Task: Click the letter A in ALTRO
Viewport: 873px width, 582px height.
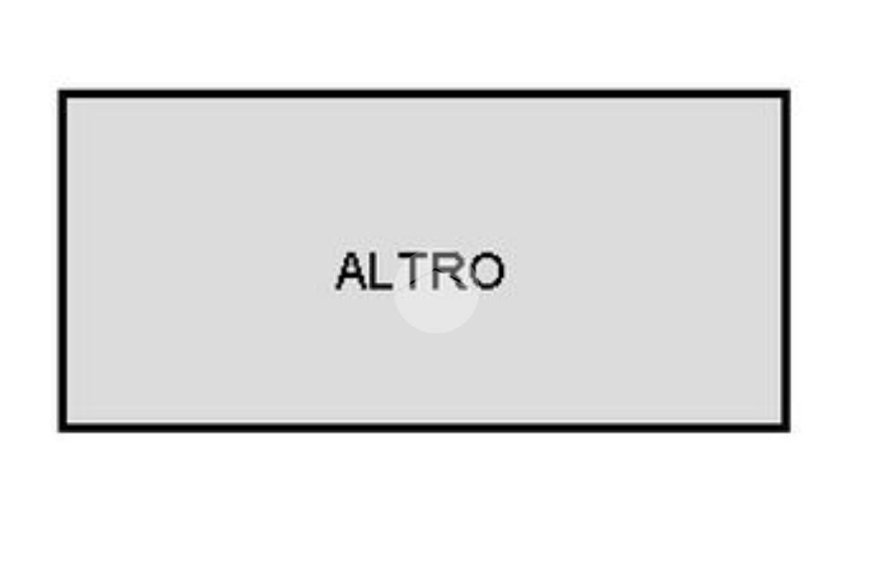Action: [x=352, y=271]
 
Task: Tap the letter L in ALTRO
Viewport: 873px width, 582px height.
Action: [x=382, y=271]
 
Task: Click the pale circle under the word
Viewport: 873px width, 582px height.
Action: [x=436, y=301]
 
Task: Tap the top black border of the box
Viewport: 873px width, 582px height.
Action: [x=425, y=94]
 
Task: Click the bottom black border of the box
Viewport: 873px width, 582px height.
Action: [x=425, y=427]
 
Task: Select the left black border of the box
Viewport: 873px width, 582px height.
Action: [x=63, y=261]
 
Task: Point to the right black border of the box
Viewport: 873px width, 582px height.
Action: [x=785, y=261]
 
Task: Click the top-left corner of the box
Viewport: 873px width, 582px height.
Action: [x=59, y=90]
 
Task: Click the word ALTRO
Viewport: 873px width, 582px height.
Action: [x=419, y=271]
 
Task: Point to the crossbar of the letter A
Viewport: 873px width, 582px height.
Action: [x=352, y=278]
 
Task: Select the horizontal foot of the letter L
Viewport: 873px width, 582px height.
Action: [x=383, y=286]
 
